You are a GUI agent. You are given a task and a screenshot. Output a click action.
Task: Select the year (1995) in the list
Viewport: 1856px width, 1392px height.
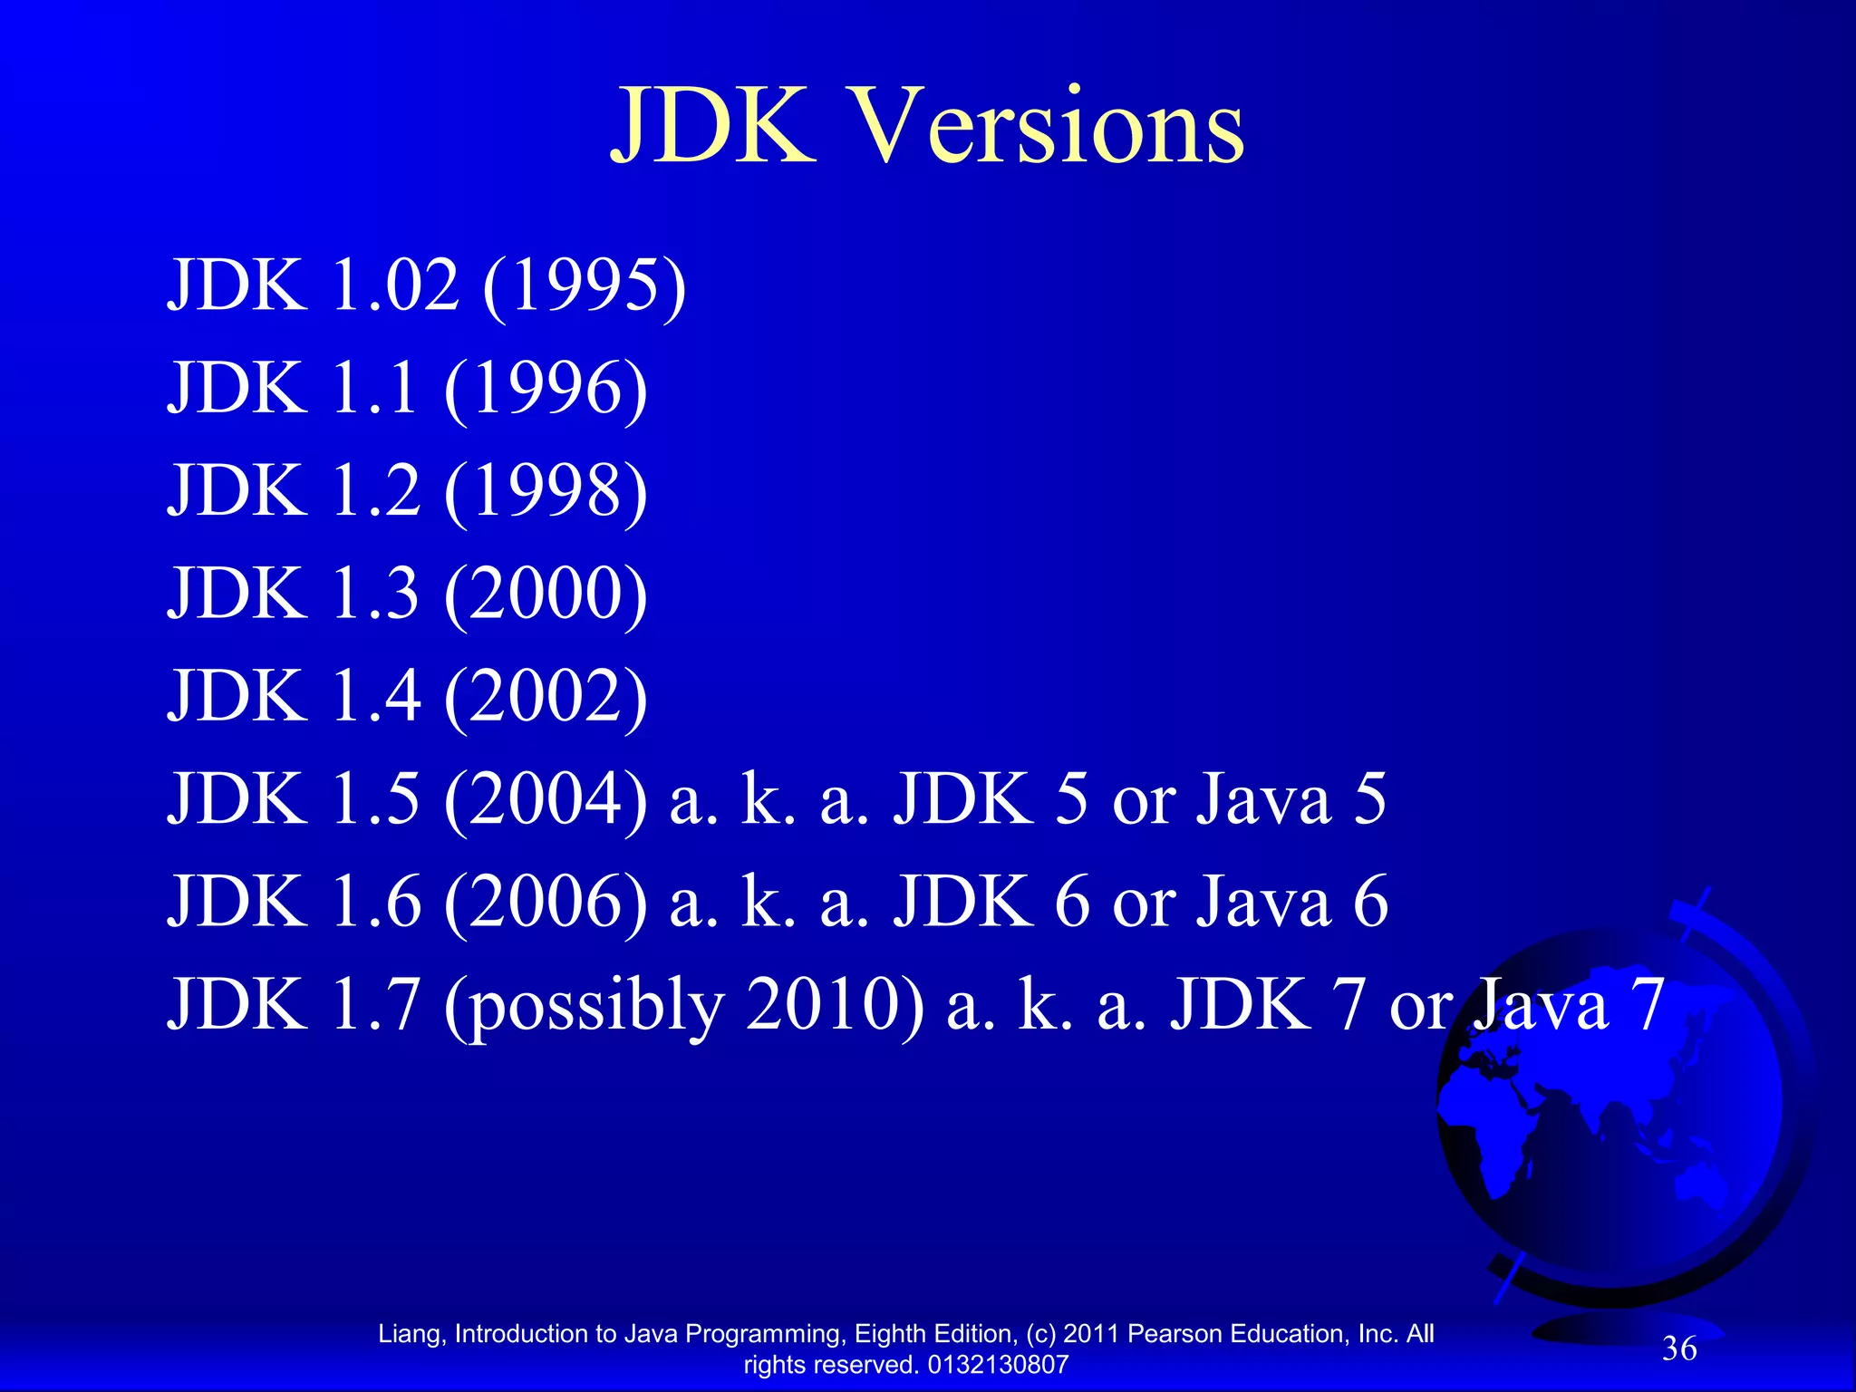[x=585, y=286]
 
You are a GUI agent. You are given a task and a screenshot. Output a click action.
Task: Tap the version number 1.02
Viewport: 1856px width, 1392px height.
[x=395, y=286]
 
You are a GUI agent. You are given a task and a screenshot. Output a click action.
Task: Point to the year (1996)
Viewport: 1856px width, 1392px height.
[x=546, y=389]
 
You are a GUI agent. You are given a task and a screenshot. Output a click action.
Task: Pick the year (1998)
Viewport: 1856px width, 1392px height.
[x=546, y=491]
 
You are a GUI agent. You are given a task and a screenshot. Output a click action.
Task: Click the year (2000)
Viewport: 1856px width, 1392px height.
[x=546, y=594]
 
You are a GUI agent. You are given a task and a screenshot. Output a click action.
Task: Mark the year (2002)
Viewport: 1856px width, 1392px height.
[x=546, y=696]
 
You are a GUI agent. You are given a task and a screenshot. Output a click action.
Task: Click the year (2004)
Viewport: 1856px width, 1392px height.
[x=546, y=799]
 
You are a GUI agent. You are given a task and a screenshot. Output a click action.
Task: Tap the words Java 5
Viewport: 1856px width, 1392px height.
[x=1291, y=799]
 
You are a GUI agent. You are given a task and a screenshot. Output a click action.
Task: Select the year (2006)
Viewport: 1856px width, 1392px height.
[x=546, y=903]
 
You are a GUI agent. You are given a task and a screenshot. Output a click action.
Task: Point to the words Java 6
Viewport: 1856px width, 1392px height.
[x=1291, y=903]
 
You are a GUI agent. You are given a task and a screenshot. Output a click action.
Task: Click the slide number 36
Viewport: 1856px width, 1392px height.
[x=1679, y=1348]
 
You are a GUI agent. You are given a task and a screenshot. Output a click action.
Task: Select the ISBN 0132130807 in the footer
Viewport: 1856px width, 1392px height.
[x=998, y=1365]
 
